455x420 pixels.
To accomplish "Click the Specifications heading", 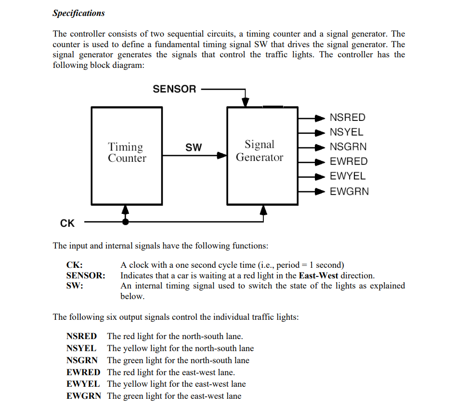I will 78,13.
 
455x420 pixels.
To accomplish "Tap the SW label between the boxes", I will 194,147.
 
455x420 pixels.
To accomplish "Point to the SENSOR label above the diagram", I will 174,89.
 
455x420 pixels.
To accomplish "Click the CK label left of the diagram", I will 67,223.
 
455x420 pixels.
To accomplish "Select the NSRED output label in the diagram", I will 347,118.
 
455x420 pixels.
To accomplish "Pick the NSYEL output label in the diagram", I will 346,132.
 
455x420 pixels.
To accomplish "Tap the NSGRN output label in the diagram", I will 348,147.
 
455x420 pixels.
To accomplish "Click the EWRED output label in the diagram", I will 348,161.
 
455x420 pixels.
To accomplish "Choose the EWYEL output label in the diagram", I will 347,176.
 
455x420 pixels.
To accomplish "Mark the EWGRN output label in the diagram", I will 349,191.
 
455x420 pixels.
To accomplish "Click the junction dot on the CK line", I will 126,222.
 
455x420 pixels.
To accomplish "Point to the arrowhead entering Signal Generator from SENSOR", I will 246,102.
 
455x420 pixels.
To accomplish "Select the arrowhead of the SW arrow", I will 221,156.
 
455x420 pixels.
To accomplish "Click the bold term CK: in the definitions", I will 74,265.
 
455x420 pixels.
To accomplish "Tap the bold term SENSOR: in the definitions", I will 85,276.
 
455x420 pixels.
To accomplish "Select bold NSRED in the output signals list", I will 81,336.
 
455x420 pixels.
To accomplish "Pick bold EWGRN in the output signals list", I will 83,396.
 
